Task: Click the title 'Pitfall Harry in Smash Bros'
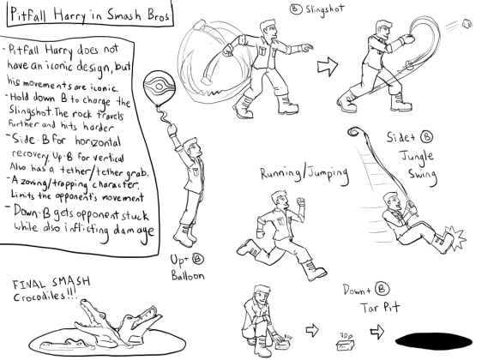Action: tap(87, 16)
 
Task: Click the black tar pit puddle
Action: tap(437, 338)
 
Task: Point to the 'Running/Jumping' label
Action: tap(304, 175)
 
